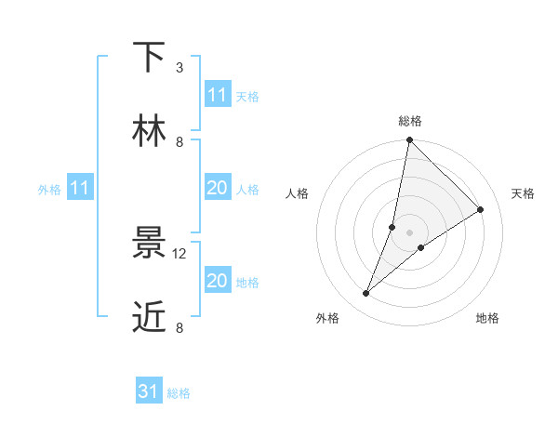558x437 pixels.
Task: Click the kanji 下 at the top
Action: [149, 58]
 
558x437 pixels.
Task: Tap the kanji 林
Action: [149, 131]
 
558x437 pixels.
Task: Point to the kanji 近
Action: [149, 317]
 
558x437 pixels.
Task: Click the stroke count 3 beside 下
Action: [179, 68]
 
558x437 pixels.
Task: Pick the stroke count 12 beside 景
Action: [180, 254]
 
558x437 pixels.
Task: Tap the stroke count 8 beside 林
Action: [179, 141]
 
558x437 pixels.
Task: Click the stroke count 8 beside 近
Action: [179, 327]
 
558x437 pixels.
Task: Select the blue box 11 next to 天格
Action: [218, 95]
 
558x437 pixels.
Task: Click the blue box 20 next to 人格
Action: [218, 188]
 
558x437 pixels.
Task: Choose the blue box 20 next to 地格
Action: [218, 281]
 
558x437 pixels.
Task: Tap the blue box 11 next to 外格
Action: [80, 188]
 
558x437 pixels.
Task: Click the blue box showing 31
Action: [149, 391]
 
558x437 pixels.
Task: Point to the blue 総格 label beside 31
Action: [179, 393]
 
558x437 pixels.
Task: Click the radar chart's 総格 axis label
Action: [409, 121]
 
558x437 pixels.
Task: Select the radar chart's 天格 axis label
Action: [523, 193]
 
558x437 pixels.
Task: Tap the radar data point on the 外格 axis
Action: [366, 294]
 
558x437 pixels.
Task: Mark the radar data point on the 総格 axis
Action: [409, 140]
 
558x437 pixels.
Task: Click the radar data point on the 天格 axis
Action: [481, 209]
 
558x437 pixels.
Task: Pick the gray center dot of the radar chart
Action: [409, 232]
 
